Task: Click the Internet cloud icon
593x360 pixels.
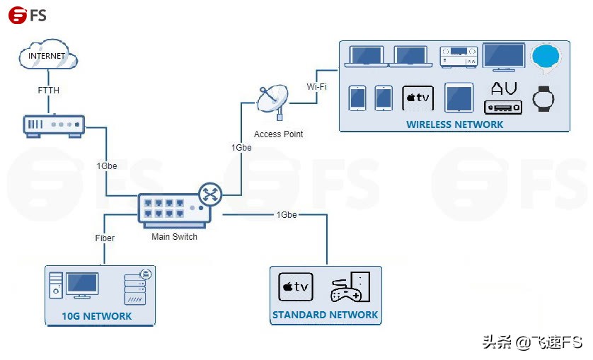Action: click(x=48, y=55)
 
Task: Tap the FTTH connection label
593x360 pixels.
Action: click(x=48, y=91)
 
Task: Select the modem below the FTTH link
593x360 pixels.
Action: click(x=54, y=126)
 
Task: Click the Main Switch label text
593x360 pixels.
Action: click(x=174, y=237)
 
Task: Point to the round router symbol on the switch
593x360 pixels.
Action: click(x=210, y=194)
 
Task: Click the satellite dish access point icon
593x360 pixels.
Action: click(x=272, y=100)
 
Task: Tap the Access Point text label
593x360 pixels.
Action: click(x=278, y=134)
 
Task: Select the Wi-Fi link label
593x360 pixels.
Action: click(x=316, y=86)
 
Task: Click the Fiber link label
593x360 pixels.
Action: click(x=105, y=238)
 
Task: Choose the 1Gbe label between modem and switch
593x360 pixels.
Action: click(x=107, y=166)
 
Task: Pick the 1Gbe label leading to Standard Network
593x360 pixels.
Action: click(x=287, y=215)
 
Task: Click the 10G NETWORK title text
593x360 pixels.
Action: click(x=97, y=316)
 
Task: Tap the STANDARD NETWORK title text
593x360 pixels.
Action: click(x=326, y=315)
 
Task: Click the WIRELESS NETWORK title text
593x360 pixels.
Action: click(x=454, y=124)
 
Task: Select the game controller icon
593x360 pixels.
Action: click(x=345, y=290)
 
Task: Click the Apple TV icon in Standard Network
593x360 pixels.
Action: click(x=296, y=287)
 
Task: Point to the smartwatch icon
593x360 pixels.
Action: click(x=543, y=99)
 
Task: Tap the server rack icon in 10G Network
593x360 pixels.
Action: click(x=135, y=288)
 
